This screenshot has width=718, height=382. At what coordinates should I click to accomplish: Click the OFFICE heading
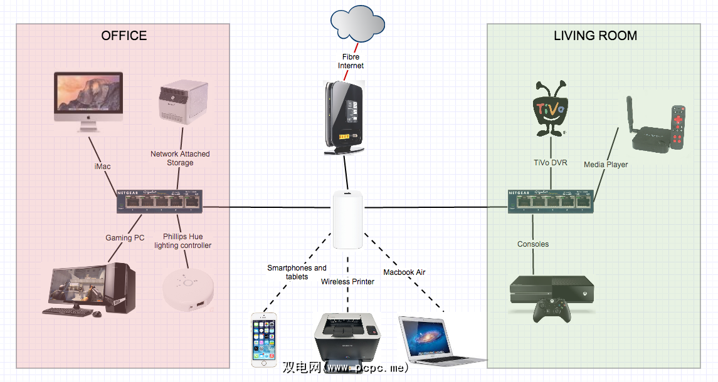pyautogui.click(x=124, y=36)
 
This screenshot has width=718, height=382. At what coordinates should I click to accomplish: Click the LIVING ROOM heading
pyautogui.click(x=595, y=36)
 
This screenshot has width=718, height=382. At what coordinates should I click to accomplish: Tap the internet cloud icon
pyautogui.click(x=357, y=23)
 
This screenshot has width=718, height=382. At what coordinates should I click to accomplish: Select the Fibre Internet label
pyautogui.click(x=351, y=61)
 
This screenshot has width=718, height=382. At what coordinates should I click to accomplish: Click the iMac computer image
pyautogui.click(x=88, y=101)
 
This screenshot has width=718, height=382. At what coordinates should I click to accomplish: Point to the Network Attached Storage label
pyautogui.click(x=180, y=158)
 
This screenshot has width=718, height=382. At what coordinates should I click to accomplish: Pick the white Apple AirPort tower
pyautogui.click(x=348, y=220)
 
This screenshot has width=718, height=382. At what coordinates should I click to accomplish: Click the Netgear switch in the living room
pyautogui.click(x=549, y=200)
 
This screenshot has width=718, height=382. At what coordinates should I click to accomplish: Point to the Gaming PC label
pyautogui.click(x=125, y=238)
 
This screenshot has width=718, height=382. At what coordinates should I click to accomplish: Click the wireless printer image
pyautogui.click(x=346, y=339)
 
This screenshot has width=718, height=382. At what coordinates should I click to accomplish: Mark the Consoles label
pyautogui.click(x=533, y=244)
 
